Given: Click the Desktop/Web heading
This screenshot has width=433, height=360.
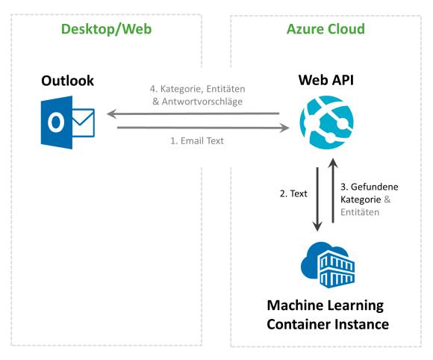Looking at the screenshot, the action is [106, 29].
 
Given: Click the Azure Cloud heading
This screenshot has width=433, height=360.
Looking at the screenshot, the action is [325, 29].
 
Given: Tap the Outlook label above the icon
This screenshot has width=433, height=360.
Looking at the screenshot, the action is [67, 81].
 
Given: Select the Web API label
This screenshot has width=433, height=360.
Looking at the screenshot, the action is [325, 80].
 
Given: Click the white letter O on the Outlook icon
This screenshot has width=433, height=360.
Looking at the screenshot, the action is [56, 122].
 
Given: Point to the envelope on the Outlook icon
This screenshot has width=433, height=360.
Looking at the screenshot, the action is [83, 122].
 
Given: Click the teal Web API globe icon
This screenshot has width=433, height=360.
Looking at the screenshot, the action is [327, 122].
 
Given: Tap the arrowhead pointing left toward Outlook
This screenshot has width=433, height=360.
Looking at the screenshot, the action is [111, 114].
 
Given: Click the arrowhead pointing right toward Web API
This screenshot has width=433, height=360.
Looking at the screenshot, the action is [284, 128].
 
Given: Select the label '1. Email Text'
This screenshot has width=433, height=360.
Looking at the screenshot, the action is [197, 141].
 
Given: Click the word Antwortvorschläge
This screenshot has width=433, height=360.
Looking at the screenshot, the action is [202, 102].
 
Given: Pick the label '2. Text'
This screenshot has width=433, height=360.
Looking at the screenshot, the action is [293, 193].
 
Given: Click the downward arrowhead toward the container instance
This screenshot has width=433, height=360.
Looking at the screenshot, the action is [317, 226].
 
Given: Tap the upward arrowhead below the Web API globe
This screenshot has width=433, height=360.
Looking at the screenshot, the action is [333, 163].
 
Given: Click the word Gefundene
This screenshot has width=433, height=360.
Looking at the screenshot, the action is [375, 187].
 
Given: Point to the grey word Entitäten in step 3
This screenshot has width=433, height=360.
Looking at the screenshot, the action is [360, 212].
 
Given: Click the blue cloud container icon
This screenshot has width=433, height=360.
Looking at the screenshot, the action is [328, 265].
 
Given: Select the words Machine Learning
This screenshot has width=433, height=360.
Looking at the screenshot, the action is [325, 305].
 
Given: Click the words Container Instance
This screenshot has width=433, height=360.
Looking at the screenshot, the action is [328, 324].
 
